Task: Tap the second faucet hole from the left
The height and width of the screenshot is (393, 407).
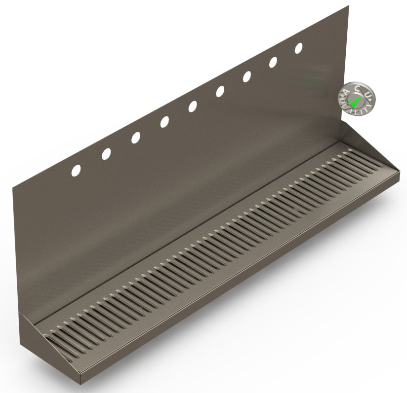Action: (106, 154)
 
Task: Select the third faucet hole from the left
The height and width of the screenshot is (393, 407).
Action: (135, 138)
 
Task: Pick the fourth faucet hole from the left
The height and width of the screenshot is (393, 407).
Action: (164, 122)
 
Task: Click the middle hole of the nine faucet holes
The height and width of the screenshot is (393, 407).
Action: (193, 106)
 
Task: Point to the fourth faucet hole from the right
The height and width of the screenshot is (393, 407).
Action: (220, 91)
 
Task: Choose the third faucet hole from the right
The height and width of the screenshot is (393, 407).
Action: (247, 76)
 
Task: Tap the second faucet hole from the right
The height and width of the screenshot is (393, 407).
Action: (273, 62)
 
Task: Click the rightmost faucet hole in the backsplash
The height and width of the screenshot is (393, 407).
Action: (299, 48)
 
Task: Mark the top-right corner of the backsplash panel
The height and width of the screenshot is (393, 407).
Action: (349, 5)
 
